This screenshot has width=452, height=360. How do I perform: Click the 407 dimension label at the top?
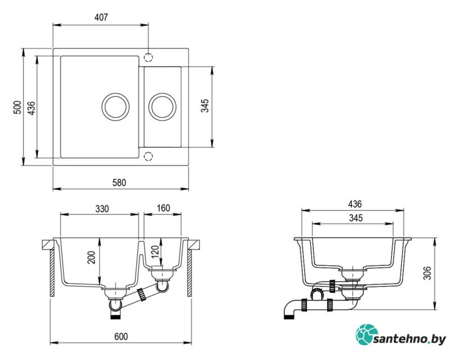pyautogui.click(x=101, y=17)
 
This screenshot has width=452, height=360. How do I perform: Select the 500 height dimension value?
pyautogui.click(x=17, y=107)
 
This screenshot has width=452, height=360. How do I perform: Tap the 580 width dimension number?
pyautogui.click(x=119, y=183)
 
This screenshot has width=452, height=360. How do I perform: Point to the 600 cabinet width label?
pyautogui.click(x=121, y=336)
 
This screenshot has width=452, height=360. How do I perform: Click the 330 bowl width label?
pyautogui.click(x=102, y=209)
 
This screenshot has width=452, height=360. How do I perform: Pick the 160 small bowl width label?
pyautogui.click(x=163, y=208)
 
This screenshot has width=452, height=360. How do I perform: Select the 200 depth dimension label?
pyautogui.click(x=91, y=257)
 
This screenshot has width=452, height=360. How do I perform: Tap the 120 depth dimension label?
pyautogui.click(x=155, y=251)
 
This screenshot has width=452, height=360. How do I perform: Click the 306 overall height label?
pyautogui.click(x=427, y=273)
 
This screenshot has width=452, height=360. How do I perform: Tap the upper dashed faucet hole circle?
pyautogui.click(x=148, y=57)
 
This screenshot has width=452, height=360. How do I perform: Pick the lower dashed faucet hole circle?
pyautogui.click(x=148, y=156)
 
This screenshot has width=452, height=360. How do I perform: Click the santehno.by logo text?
pyautogui.click(x=410, y=339)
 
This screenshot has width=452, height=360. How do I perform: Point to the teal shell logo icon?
pyautogui.click(x=366, y=334)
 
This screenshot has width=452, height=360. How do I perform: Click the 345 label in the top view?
pyautogui.click(x=205, y=106)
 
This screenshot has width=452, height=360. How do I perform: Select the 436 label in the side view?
pyautogui.click(x=355, y=204)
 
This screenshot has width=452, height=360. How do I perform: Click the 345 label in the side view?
pyautogui.click(x=356, y=218)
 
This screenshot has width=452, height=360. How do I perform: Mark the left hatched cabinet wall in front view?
pyautogui.click(x=52, y=273)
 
